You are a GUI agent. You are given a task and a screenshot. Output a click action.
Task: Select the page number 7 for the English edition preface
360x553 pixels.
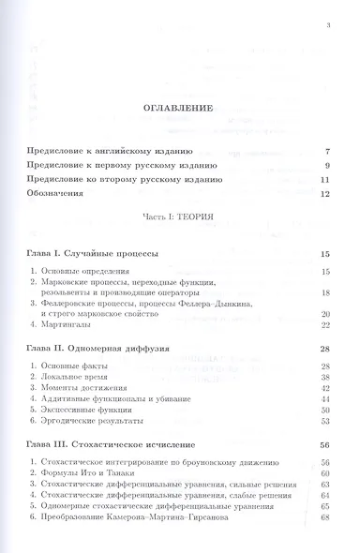326,150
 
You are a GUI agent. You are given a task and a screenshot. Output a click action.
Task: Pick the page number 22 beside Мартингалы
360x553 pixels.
324,325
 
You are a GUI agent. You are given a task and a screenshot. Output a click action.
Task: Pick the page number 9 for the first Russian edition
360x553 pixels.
326,165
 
